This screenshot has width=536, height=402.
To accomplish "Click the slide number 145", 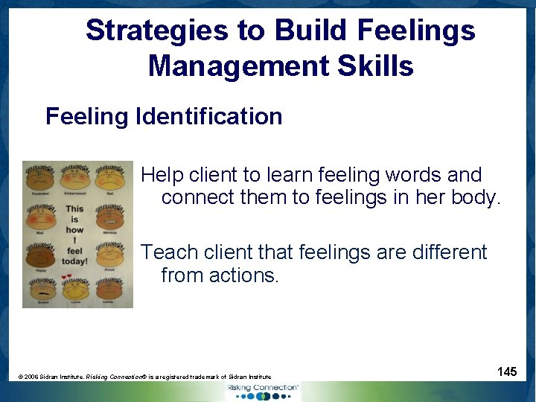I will click(x=507, y=371).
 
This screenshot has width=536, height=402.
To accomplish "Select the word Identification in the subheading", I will click(x=208, y=116).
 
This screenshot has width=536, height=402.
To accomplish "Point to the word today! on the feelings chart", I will click(x=75, y=261).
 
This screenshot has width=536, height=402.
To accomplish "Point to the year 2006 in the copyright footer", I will click(x=31, y=377).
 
